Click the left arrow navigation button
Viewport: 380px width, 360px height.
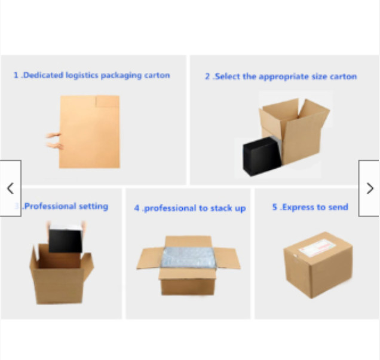(x=10, y=188)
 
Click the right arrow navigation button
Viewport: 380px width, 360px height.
(x=369, y=188)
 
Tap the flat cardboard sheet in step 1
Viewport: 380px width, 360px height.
(x=90, y=132)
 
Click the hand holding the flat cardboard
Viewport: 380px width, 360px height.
(x=54, y=141)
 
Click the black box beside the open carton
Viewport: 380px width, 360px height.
(x=262, y=156)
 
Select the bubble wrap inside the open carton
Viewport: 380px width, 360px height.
(x=188, y=257)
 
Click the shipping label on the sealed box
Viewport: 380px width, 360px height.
(x=317, y=248)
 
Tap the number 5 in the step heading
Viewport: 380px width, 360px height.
(x=275, y=207)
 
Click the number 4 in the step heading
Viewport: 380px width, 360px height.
(x=137, y=208)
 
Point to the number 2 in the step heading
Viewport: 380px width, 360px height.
(x=207, y=77)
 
